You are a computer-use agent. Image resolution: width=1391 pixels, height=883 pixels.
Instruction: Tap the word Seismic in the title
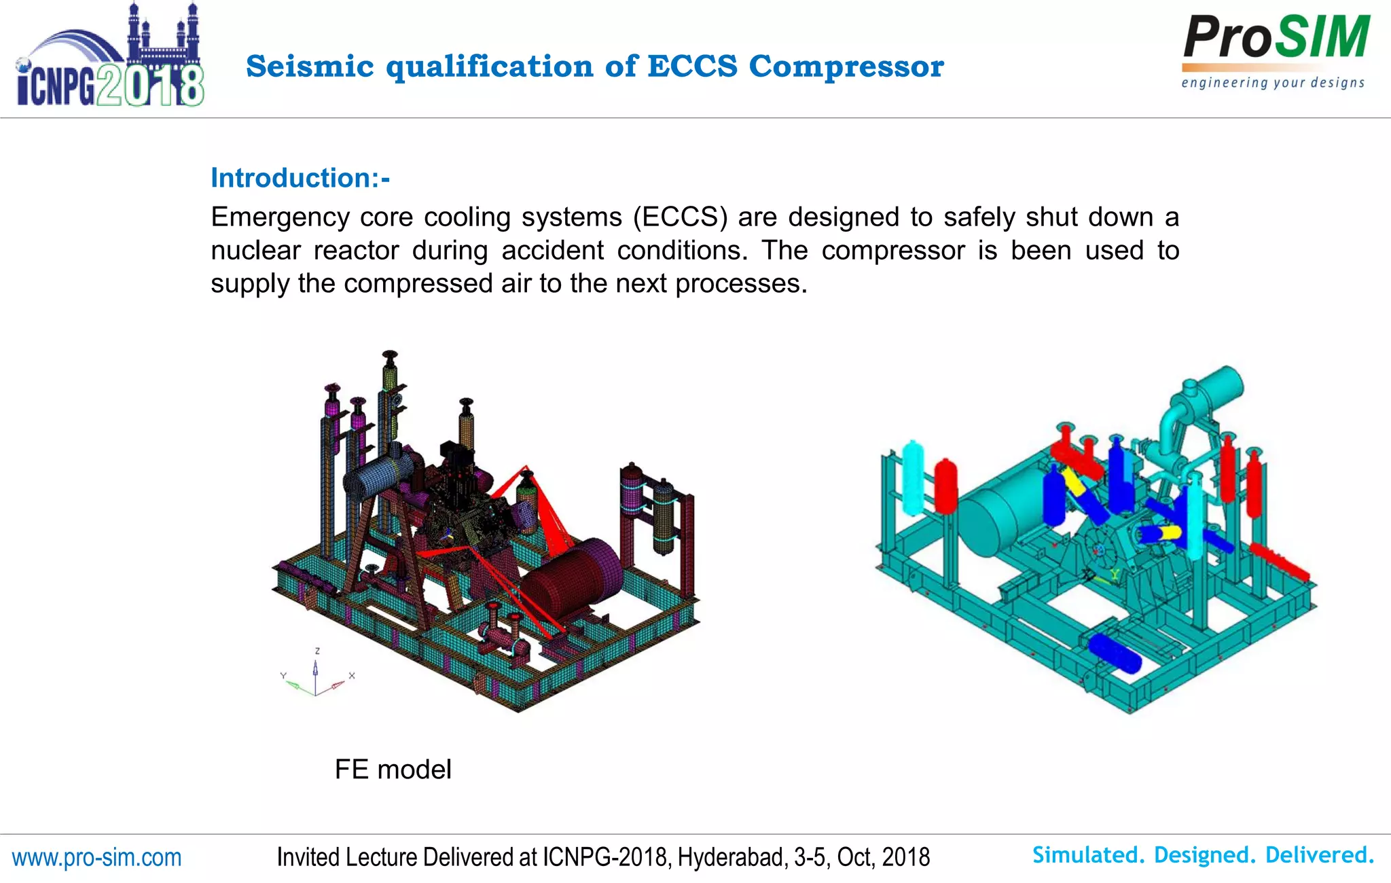point(310,67)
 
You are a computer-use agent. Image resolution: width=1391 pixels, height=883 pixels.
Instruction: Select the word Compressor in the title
point(846,67)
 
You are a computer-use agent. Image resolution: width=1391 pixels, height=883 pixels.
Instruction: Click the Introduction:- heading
point(300,178)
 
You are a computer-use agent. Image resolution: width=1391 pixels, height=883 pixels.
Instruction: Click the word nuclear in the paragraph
point(255,251)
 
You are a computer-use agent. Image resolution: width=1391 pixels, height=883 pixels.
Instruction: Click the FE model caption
point(393,770)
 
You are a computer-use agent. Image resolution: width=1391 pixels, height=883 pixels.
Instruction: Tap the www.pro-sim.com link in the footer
point(97,857)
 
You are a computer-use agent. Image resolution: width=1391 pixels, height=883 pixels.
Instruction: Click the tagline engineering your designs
point(1273,83)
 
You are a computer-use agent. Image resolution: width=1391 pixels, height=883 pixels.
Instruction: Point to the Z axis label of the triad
point(317,651)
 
